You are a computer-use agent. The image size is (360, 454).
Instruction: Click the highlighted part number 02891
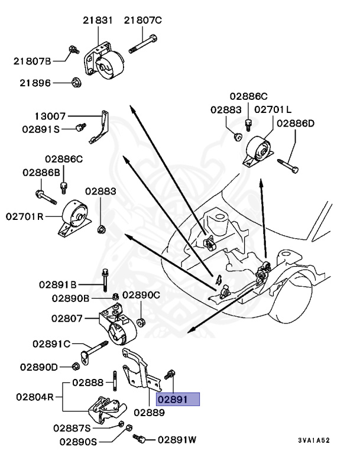[x=177, y=400]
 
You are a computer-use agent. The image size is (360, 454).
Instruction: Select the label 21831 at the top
[x=98, y=21]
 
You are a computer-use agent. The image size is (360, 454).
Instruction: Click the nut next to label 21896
[x=76, y=82]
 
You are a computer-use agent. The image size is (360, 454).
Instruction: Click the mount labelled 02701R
[x=74, y=218]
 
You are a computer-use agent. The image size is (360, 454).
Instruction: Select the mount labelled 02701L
[x=258, y=151]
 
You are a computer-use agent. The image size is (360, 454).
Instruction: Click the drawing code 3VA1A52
[x=313, y=441]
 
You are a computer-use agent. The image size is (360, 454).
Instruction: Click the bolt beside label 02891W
[x=142, y=439]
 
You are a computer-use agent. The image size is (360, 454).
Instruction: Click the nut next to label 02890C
[x=142, y=322]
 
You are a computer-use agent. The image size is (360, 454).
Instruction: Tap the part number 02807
[x=69, y=317]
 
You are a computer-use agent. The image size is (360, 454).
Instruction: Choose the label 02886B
[x=41, y=172]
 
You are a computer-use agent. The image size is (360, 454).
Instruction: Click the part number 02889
[x=148, y=411]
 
